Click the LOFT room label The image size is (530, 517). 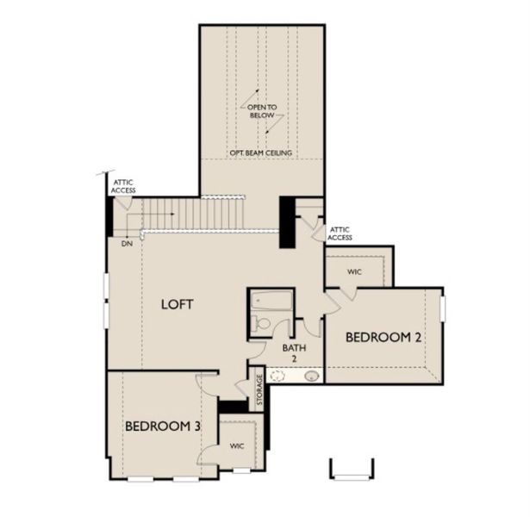[x=178, y=304]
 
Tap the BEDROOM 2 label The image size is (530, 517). [x=383, y=338]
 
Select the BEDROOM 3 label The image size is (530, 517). [x=164, y=426]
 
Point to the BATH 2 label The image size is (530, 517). [x=290, y=352]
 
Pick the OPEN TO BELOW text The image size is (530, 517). [x=261, y=109]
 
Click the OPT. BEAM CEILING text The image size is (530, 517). [x=261, y=153]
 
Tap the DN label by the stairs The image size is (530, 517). [x=127, y=243]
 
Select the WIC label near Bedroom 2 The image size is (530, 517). [x=354, y=271]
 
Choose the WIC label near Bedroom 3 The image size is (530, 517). [x=236, y=448]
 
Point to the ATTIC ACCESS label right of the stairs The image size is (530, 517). [x=340, y=233]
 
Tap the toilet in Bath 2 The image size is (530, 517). [x=262, y=325]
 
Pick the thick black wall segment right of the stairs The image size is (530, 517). [x=286, y=222]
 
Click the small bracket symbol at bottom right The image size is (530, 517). [x=352, y=469]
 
